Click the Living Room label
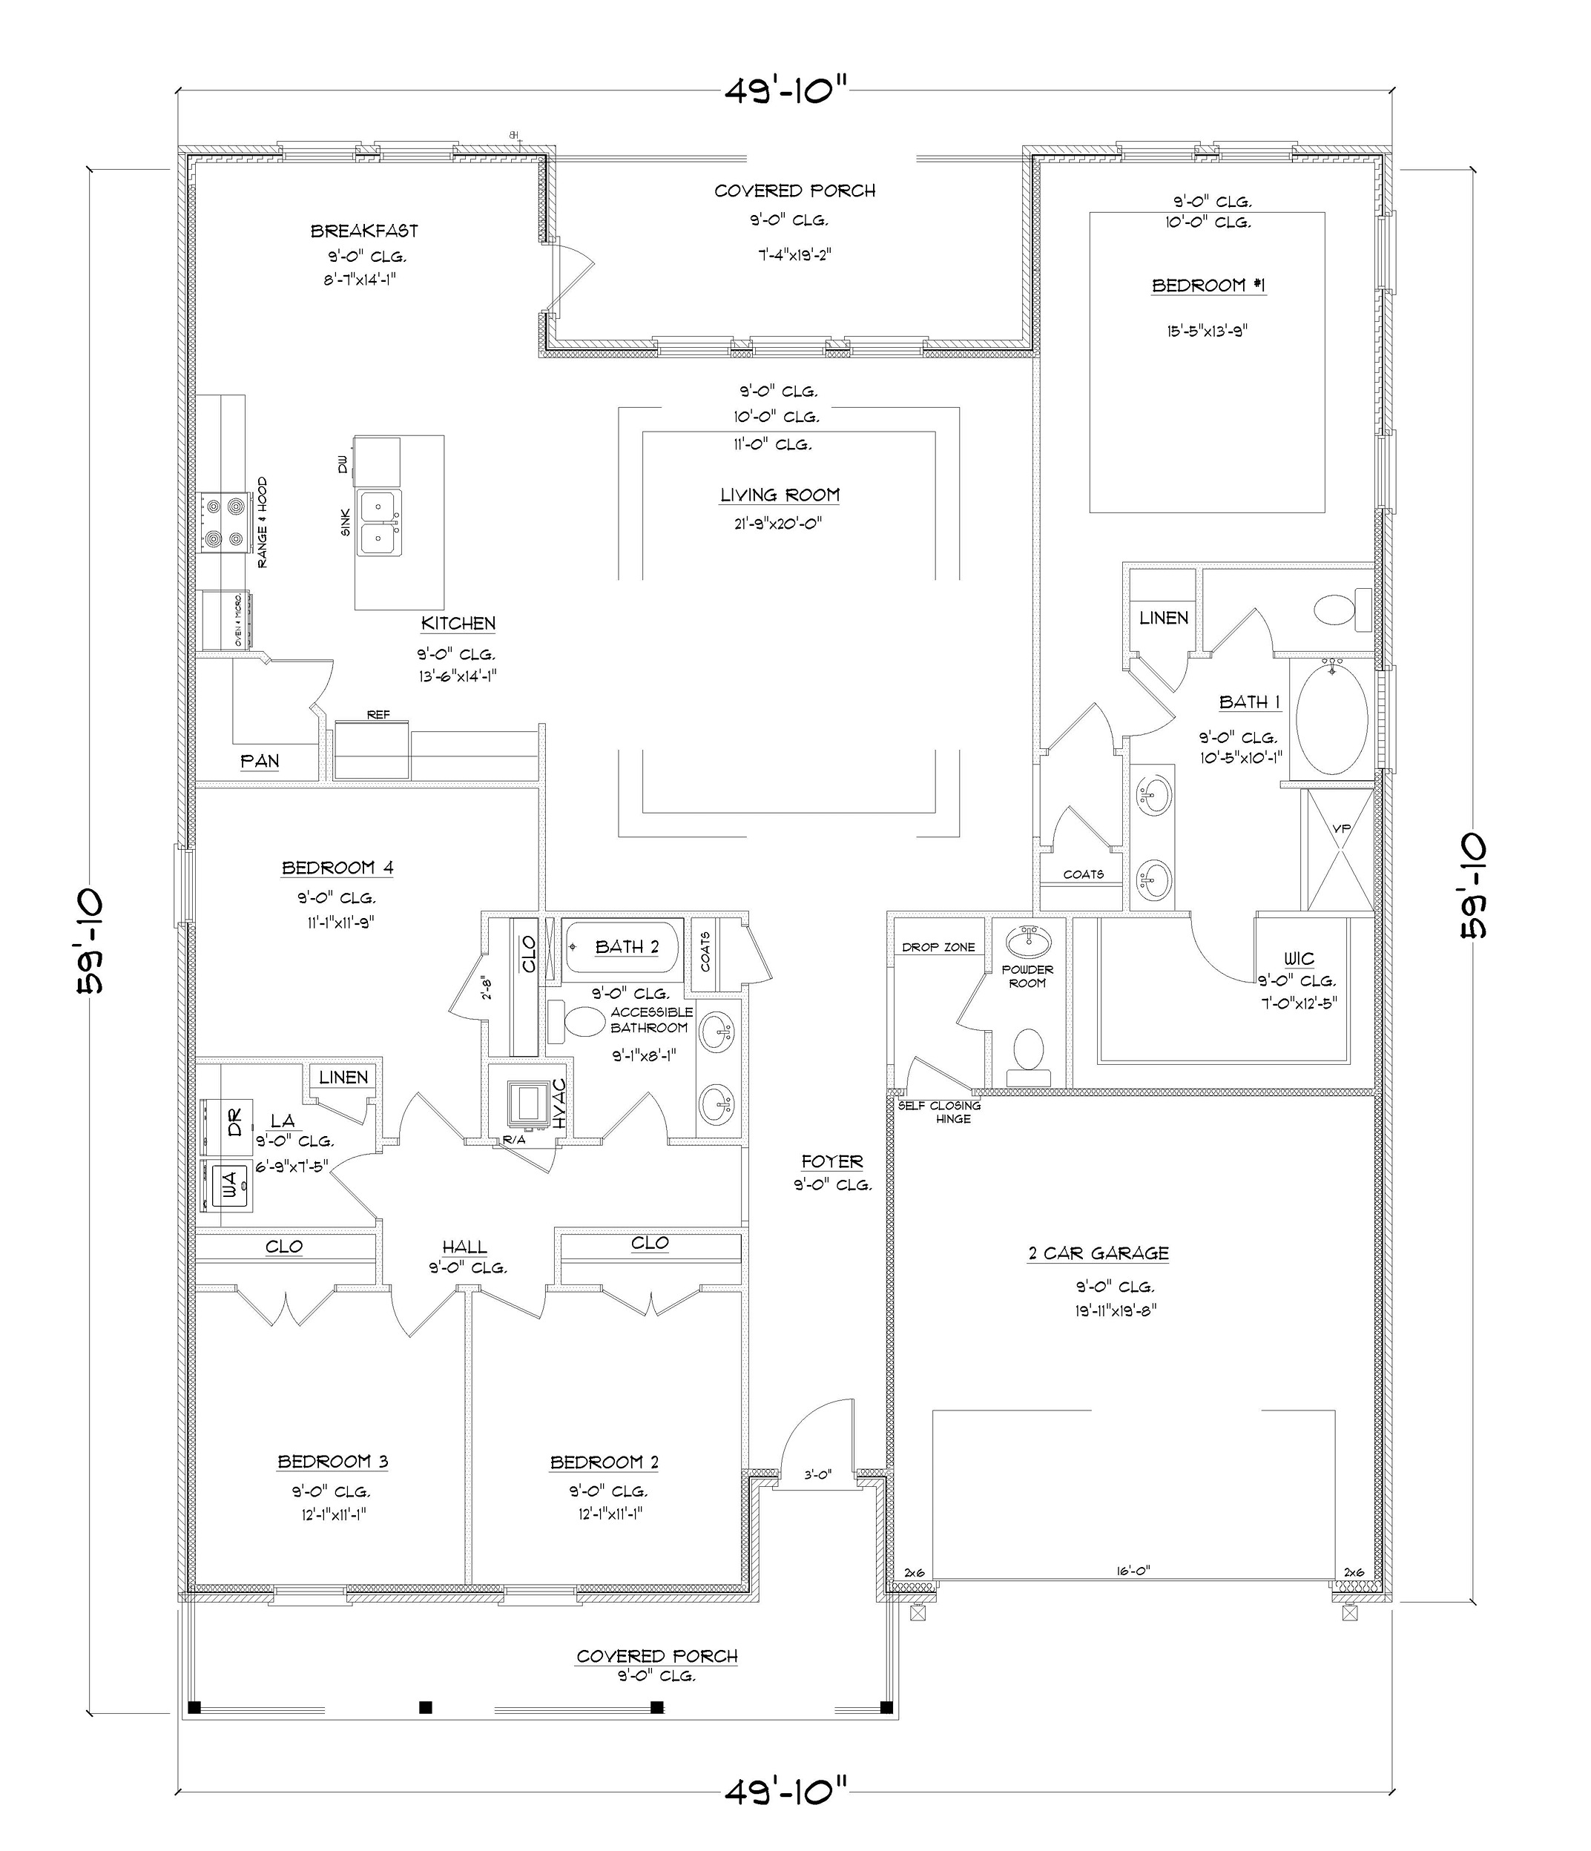pyautogui.click(x=780, y=495)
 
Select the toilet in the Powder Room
pyautogui.click(x=1028, y=1049)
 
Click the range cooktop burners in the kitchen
pyautogui.click(x=224, y=523)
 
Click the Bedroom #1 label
pyautogui.click(x=1208, y=286)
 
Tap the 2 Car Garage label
pyautogui.click(x=1098, y=1253)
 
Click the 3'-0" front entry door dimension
pyautogui.click(x=817, y=1475)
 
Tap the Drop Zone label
pyautogui.click(x=938, y=947)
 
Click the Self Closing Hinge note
pyautogui.click(x=939, y=1112)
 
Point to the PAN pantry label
pyautogui.click(x=260, y=761)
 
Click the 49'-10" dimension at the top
pyautogui.click(x=784, y=90)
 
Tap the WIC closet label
pyautogui.click(x=1299, y=959)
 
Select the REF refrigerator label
pyautogui.click(x=378, y=715)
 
